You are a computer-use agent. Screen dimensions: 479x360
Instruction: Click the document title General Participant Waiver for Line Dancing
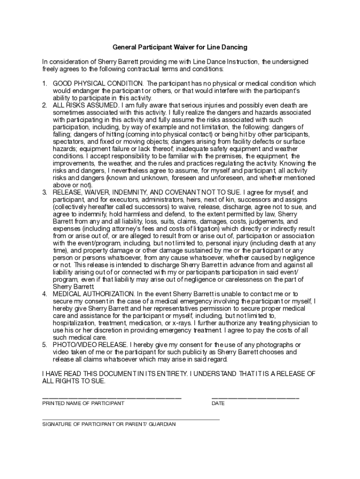(x=180, y=47)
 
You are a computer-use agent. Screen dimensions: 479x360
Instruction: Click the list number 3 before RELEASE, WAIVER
(x=44, y=192)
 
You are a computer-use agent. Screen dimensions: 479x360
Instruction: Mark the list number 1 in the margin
(x=44, y=84)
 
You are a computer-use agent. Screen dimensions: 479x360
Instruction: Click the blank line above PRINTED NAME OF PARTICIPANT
(x=112, y=398)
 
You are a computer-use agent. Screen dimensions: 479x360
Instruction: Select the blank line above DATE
(x=255, y=398)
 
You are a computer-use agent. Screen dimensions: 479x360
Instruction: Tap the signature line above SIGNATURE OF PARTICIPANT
(x=131, y=420)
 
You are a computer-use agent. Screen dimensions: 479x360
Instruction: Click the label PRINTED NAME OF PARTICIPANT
(x=83, y=403)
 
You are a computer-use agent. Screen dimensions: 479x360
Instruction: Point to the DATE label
(x=218, y=403)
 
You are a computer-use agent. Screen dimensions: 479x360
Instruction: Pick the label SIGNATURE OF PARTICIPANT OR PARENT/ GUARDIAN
(x=109, y=425)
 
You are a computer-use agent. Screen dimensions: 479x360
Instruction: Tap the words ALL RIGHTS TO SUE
(x=74, y=381)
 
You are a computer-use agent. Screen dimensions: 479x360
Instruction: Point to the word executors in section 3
(x=122, y=200)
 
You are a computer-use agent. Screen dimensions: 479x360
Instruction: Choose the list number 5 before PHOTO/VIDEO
(x=44, y=345)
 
